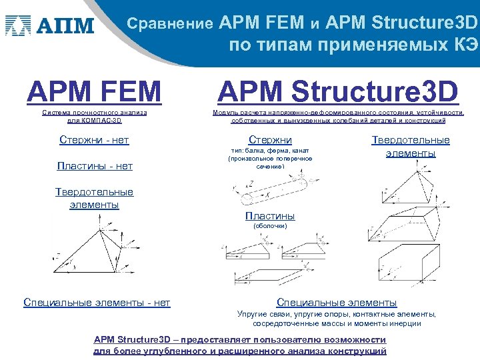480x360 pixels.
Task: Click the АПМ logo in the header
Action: coord(50,26)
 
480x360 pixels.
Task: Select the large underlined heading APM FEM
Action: coord(94,91)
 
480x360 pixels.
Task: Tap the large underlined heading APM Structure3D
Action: coord(338,91)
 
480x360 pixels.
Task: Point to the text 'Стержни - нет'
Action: coord(94,140)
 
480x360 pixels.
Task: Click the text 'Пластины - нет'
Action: coord(94,166)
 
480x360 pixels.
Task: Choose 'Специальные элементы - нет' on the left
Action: coord(97,303)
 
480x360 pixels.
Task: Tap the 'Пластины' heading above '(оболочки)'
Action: coord(270,216)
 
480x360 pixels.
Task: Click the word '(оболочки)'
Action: coord(270,226)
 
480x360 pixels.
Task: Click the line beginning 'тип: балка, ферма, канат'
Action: coord(270,151)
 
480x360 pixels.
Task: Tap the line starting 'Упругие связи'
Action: coord(337,314)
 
